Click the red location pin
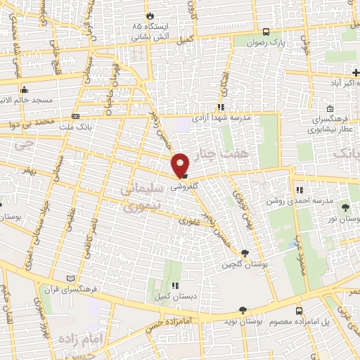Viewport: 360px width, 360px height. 181,165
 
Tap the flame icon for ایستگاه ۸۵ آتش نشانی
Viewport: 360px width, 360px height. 149,15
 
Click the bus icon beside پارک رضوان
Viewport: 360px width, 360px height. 266,32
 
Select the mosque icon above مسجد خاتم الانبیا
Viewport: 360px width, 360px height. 25,89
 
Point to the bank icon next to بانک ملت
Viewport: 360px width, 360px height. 75,117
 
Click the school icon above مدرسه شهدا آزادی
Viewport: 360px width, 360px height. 221,107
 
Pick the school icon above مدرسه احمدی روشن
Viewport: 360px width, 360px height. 300,190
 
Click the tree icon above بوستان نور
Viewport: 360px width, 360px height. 345,207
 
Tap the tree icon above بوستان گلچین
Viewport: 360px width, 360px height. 244,253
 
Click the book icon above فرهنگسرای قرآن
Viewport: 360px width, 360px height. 68,278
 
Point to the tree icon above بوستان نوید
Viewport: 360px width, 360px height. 243,309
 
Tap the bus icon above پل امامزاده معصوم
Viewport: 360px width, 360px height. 300,310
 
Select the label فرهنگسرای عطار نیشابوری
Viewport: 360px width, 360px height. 333,126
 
